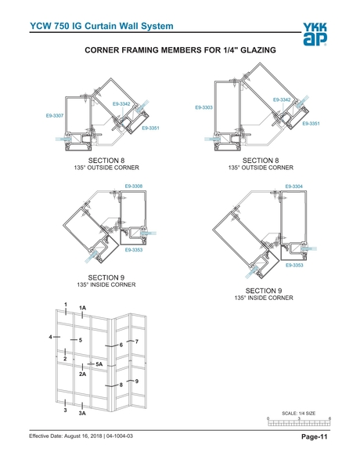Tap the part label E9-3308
(x=134, y=186)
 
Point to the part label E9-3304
(x=293, y=186)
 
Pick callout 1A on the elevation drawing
(x=82, y=309)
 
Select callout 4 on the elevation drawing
(x=51, y=336)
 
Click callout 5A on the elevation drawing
(x=99, y=364)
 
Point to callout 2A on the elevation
(x=82, y=374)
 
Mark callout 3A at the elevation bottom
(x=82, y=414)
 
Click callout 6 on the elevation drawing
(x=121, y=345)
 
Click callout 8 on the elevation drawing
(x=121, y=385)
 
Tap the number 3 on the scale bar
(x=299, y=419)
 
